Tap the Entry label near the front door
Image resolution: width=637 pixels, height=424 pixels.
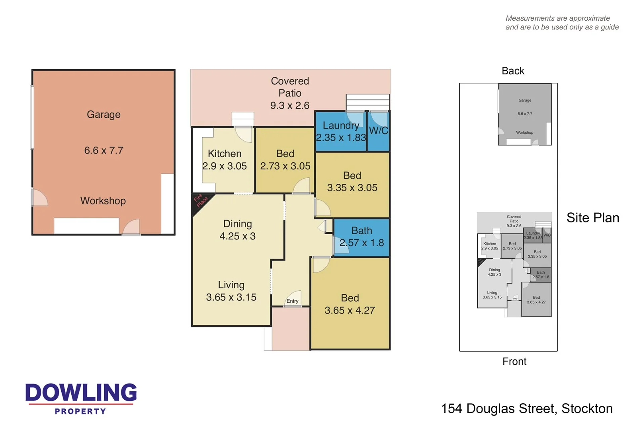(292, 301)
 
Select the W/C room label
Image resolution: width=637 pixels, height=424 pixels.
(378, 130)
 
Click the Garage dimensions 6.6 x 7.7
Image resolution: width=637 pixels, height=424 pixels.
(104, 150)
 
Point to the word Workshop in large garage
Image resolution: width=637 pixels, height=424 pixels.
(103, 200)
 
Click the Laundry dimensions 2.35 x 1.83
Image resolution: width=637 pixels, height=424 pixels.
(341, 138)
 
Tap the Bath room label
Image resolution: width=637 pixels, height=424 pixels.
(361, 231)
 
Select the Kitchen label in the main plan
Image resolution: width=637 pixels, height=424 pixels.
(225, 154)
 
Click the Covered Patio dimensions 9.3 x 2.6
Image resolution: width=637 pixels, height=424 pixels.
(289, 105)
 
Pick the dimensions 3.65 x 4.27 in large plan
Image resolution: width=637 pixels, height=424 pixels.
(350, 310)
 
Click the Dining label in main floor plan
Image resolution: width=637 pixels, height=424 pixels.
(237, 224)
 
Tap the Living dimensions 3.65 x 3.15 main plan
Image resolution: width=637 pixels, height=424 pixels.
(231, 297)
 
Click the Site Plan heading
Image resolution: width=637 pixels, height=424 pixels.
(592, 218)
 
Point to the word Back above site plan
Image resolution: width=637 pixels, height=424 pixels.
(513, 71)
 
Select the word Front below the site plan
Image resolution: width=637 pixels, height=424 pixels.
(514, 361)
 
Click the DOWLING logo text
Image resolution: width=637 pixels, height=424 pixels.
(81, 393)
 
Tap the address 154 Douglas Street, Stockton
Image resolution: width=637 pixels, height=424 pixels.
(526, 408)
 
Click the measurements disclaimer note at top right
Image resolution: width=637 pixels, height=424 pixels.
(562, 23)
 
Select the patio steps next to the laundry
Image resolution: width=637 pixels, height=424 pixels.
(367, 102)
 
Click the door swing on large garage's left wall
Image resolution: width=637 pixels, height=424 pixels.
(40, 198)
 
